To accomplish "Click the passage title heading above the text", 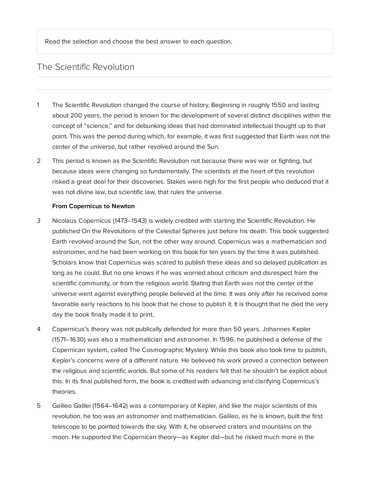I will pos(85,67).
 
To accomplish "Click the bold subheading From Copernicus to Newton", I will pos(93,206).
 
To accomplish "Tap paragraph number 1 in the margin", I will pos(38,105).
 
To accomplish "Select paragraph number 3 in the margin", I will pos(38,221).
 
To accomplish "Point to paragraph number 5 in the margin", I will pos(38,406).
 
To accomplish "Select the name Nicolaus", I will pos(64,221).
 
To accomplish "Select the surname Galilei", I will pos(82,406).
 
